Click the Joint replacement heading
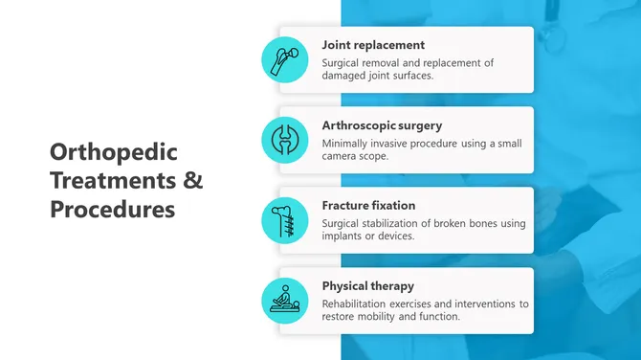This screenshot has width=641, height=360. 373,45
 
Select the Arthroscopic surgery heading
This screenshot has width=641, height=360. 382,125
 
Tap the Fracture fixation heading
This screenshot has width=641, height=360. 368,205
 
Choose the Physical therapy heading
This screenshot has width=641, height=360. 367,285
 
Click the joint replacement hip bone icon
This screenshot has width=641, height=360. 285,59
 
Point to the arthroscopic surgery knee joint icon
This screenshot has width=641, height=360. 285,140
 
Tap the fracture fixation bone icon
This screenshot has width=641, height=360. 285,220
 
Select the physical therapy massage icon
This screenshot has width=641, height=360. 285,301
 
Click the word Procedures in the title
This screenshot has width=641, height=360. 113,208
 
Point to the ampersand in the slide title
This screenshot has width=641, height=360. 192,180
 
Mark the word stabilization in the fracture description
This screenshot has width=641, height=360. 400,223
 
